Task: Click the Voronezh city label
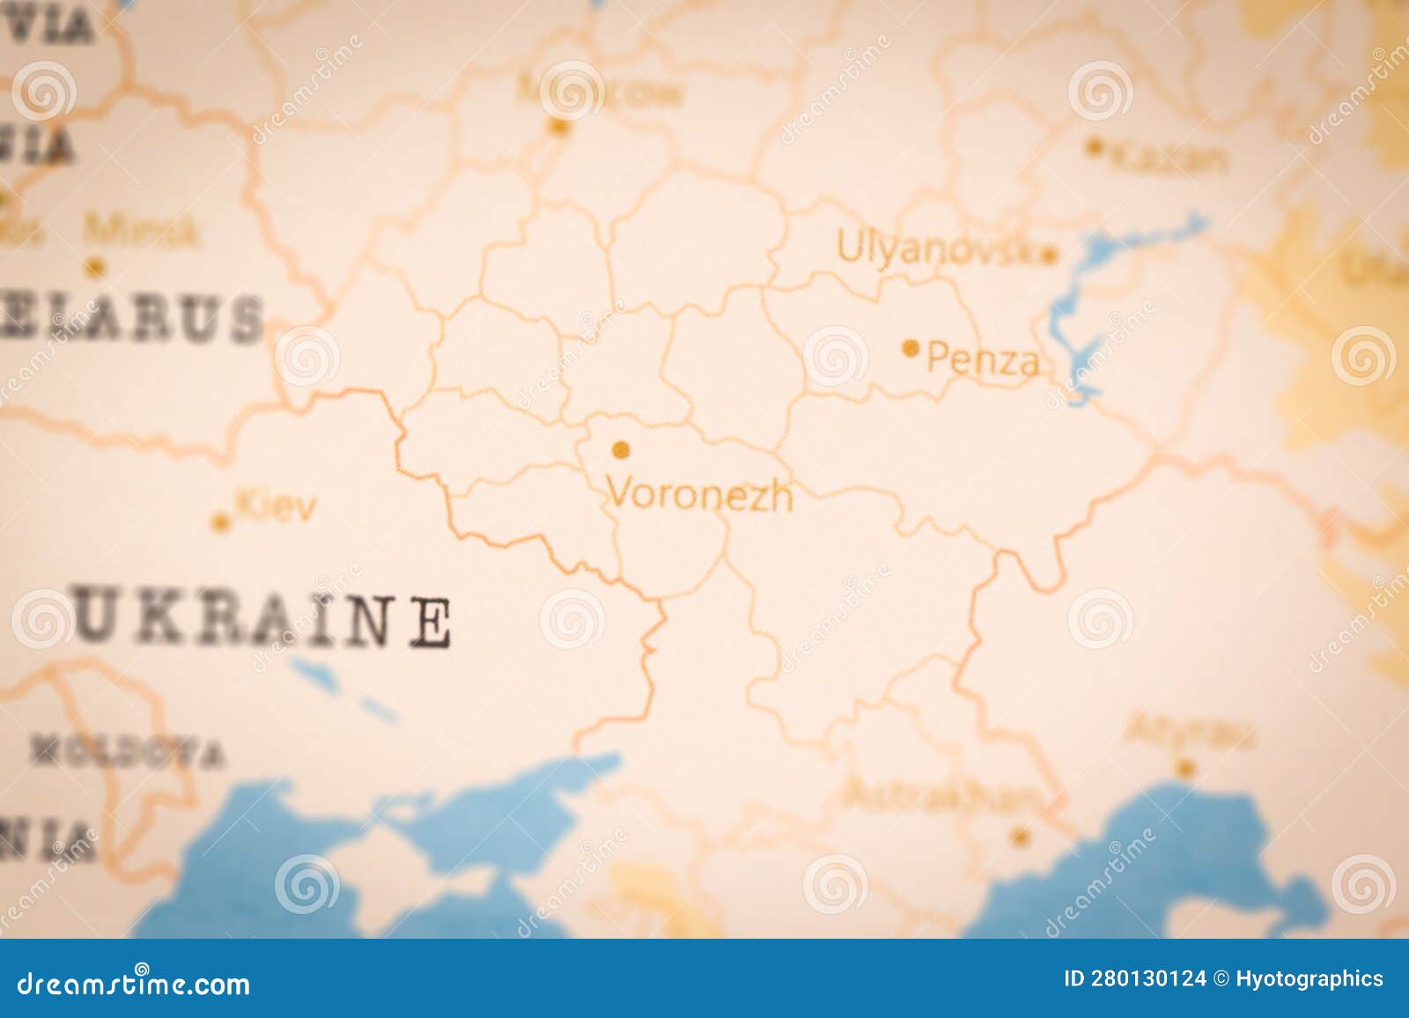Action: [700, 496]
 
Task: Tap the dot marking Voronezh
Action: [621, 451]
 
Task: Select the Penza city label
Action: [984, 361]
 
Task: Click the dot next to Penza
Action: [911, 349]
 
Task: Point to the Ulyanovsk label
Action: [935, 247]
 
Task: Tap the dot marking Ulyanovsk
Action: [1048, 256]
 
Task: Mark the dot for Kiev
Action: [220, 523]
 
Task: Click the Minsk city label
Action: [141, 231]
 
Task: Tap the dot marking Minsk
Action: [95, 266]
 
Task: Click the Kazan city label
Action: [1169, 159]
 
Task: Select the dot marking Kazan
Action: [1095, 147]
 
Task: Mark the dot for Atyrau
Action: [1185, 767]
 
